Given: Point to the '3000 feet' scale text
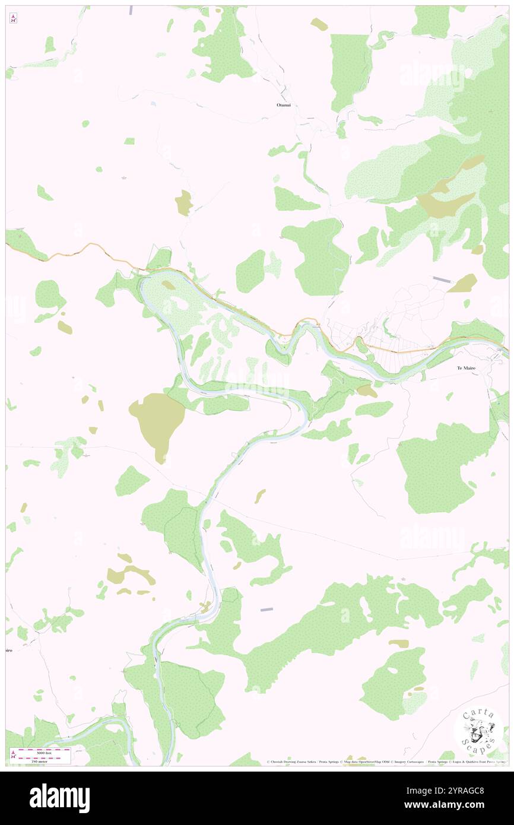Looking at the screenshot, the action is tap(42, 752).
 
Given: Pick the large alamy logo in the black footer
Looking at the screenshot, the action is tap(59, 798).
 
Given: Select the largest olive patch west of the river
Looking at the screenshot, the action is tap(158, 423).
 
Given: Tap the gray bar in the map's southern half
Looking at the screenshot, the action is tap(266, 610).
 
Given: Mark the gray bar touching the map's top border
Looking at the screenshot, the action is tap(131, 10).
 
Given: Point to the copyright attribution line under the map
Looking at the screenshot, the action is tap(386, 761).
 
